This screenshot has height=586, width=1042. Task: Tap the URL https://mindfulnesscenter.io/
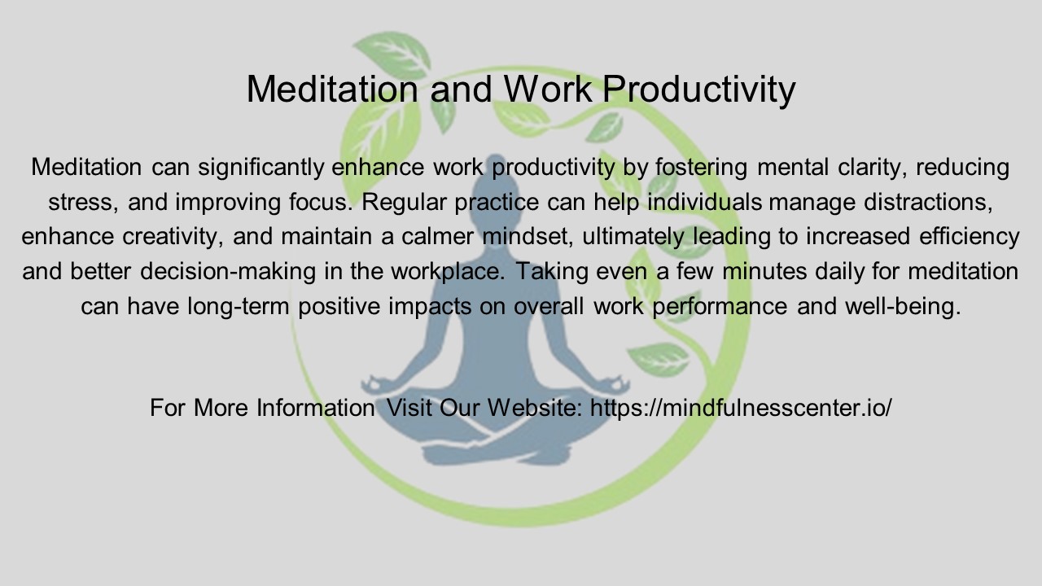point(741,407)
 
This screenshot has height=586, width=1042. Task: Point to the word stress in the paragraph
point(82,202)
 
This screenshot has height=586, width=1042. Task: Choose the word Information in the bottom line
point(315,407)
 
